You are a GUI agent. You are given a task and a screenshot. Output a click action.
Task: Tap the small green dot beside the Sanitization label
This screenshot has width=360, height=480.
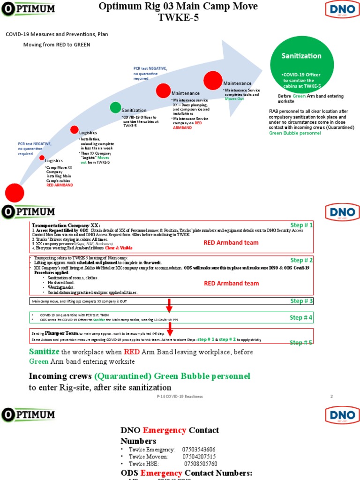[115, 107]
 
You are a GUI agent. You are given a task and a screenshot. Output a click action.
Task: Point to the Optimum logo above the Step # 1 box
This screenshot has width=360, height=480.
[28, 212]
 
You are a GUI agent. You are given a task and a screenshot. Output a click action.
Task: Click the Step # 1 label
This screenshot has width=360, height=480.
[301, 225]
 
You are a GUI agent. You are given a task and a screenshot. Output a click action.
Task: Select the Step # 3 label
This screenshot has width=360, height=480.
[301, 301]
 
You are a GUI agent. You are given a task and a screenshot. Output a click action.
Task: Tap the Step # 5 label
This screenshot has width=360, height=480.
[301, 343]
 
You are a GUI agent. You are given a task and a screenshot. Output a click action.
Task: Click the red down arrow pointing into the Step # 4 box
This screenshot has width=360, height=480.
[169, 306]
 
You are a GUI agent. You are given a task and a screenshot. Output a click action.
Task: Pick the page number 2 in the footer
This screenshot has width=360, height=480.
[331, 397]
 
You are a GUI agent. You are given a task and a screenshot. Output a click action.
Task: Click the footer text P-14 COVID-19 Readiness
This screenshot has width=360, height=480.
[180, 397]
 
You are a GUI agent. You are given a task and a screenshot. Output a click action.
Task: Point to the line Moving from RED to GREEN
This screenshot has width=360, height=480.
[57, 45]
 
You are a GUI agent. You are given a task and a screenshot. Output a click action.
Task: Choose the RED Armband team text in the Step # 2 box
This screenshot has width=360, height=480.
[231, 283]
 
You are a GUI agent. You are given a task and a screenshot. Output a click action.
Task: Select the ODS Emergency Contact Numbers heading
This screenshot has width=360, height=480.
[187, 472]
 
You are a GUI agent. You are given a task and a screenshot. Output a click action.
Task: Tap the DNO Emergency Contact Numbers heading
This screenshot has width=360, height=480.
[170, 435]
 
